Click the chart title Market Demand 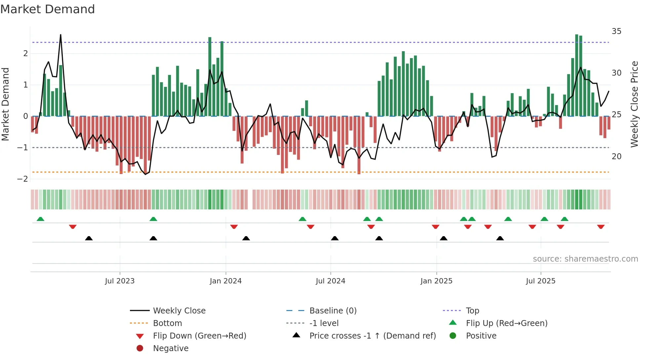coord(48,9)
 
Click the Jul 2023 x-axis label coord(120,281)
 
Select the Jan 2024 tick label coord(226,281)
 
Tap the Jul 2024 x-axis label coord(330,281)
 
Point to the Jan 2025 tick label coord(436,281)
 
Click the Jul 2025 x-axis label coord(541,281)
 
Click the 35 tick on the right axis coord(616,31)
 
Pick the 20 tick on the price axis coord(616,157)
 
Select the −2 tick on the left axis coord(22,179)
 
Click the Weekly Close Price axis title coord(634,104)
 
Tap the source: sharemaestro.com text coord(585,259)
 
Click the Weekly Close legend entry coord(179,311)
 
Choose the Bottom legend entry coord(167,323)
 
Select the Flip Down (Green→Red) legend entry coord(199,336)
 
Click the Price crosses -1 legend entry coord(372,336)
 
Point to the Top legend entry coord(472,311)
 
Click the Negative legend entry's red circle coord(140,348)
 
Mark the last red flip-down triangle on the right coord(601,227)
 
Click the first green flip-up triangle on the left coord(40,219)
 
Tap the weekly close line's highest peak coord(61,35)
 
